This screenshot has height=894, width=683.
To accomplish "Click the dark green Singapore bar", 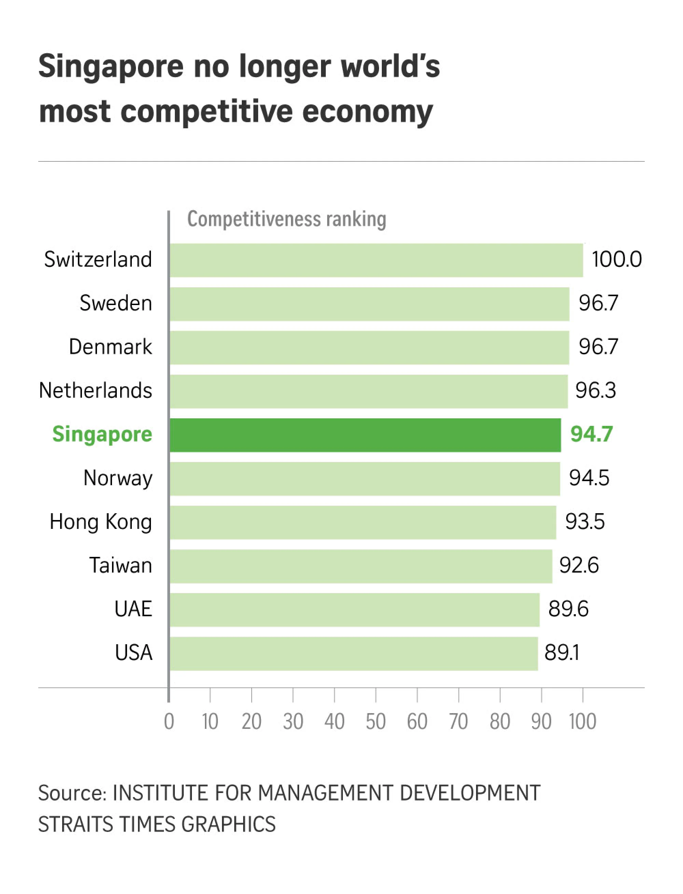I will point(365,435).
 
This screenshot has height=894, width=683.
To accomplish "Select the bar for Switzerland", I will point(376,260).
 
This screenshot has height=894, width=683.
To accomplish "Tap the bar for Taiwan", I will point(361,566).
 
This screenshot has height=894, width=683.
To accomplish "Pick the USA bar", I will point(354,653).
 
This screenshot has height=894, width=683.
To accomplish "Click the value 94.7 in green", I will point(591,434).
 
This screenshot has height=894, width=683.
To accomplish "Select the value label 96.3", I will point(595,390).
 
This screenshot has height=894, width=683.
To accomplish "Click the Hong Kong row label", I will point(100,522).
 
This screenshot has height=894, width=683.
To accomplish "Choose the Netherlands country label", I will point(96,391).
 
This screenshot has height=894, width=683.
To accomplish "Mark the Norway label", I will point(117,478).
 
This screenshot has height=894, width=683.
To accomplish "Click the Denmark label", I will point(110,347).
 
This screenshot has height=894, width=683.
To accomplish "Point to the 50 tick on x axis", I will point(375,722).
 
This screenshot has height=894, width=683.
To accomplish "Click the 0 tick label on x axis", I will point(169,722).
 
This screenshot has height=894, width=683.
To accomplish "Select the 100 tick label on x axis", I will point(582,722).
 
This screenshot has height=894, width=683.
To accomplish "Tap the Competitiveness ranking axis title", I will point(286,219).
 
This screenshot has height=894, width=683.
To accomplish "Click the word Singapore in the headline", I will point(111,66).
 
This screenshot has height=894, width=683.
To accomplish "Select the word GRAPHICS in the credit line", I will point(228,824).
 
